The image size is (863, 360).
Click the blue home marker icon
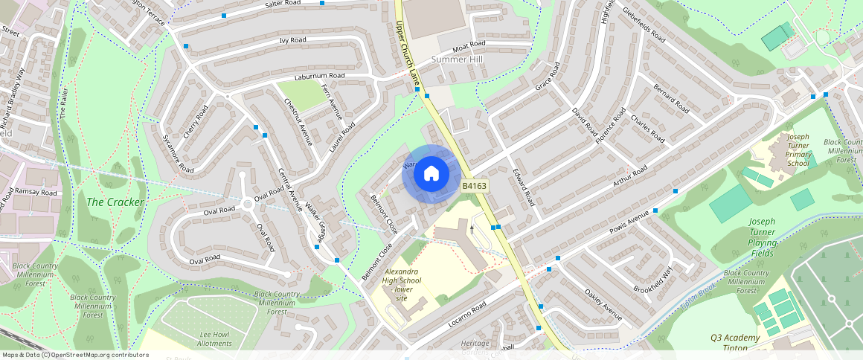431,174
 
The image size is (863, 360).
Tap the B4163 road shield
475,186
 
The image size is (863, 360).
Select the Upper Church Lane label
408,43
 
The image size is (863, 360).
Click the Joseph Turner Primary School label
798,150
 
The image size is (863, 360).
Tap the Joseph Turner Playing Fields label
763,237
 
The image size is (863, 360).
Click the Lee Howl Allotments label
216,340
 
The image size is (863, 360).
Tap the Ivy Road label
292,40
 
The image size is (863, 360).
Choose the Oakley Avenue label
603,305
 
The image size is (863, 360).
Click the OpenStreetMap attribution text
74,355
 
